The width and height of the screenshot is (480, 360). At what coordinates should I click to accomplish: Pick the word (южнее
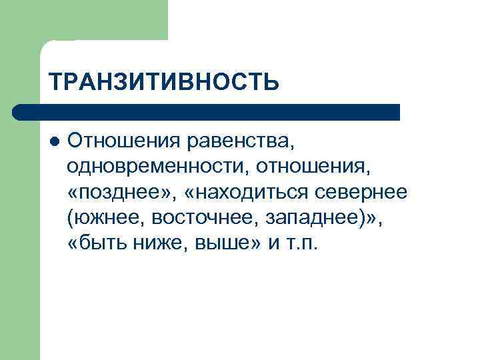pos(106,217)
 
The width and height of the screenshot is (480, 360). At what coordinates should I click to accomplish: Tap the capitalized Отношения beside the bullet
pos(123,142)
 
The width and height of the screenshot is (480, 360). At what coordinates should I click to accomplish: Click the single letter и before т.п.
pos(273,243)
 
